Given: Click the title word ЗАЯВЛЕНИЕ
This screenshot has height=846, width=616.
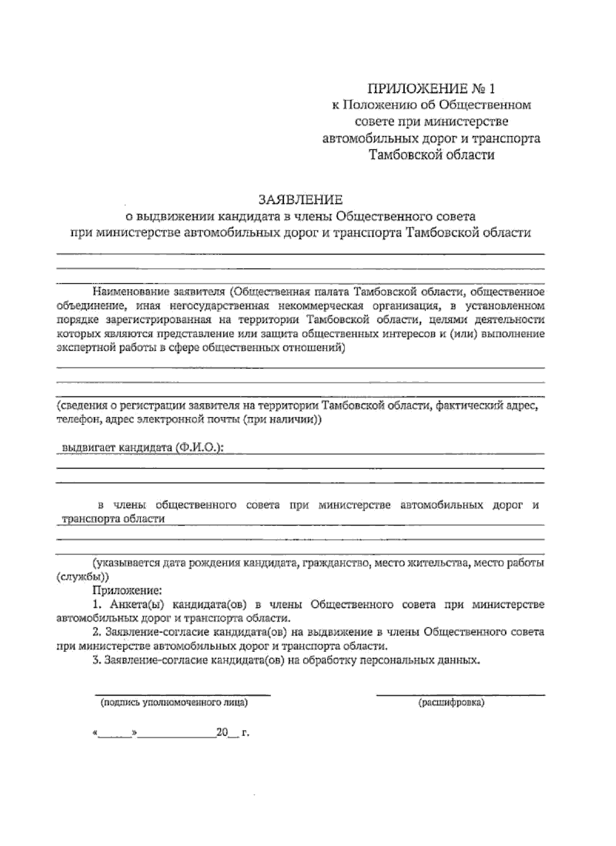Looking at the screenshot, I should click(300, 199).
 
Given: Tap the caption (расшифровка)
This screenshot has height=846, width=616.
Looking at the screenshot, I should click(451, 702).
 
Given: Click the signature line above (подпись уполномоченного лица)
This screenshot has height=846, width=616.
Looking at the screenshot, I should click(183, 695).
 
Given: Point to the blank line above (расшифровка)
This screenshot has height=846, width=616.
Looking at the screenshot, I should click(460, 695).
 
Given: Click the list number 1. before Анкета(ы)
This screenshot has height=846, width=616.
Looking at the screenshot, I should click(99, 604).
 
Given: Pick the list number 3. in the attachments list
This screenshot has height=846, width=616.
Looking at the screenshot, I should click(99, 660).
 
